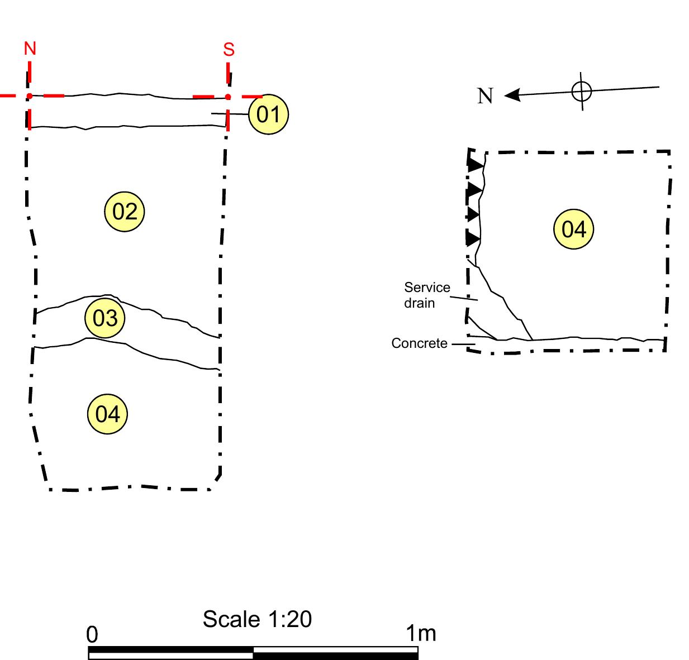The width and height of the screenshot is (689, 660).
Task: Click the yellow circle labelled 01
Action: [x=268, y=114]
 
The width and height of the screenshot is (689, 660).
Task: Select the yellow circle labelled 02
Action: [x=124, y=212]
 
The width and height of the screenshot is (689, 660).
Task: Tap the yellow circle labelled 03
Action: [x=105, y=318]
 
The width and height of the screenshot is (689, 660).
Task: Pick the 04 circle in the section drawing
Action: [x=107, y=414]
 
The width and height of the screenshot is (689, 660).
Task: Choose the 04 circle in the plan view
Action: [x=573, y=229]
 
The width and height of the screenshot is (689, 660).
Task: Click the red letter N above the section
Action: [x=30, y=48]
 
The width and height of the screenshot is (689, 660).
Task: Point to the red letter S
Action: [x=229, y=50]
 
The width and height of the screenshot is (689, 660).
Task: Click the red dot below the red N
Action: [x=30, y=96]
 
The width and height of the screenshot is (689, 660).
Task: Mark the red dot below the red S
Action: [x=228, y=97]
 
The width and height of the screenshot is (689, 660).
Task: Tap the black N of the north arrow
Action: [x=485, y=95]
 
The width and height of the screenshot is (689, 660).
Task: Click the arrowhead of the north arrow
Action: [x=512, y=95]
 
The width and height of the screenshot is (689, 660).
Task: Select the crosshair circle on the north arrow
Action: [x=581, y=92]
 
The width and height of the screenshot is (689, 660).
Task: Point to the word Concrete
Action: [x=419, y=343]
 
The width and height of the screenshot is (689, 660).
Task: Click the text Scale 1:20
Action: [x=257, y=619]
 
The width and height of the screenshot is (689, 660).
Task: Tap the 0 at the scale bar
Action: [x=92, y=634]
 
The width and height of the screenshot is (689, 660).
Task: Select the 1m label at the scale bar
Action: [x=421, y=633]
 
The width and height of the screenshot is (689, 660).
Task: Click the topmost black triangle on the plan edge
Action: [x=475, y=165]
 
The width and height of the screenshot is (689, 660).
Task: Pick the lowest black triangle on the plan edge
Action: [x=473, y=238]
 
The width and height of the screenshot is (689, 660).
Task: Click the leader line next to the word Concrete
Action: [x=463, y=344]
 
